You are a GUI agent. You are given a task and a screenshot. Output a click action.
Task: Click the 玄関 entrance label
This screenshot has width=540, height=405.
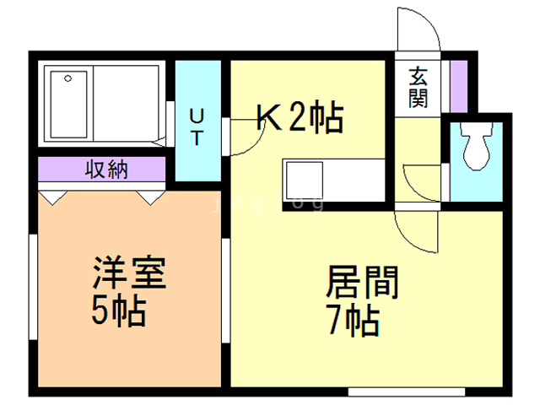(x=418, y=86)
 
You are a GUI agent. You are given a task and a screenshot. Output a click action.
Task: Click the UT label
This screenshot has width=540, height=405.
(x=196, y=125)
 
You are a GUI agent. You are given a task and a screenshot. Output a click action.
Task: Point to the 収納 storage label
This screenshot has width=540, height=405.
(x=106, y=170)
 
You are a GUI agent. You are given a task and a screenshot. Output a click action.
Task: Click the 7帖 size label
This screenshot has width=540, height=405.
(x=353, y=321)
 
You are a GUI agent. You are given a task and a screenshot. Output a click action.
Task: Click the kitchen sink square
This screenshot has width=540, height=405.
(x=300, y=179)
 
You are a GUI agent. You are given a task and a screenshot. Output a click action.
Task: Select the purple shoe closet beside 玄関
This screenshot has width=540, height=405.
(x=458, y=85)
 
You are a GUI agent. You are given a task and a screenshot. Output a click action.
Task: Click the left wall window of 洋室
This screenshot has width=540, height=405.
(x=31, y=286)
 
